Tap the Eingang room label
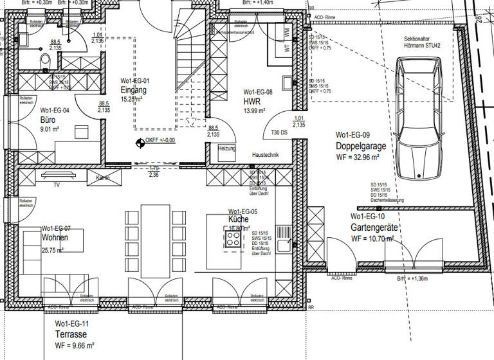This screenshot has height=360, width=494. click(134, 90)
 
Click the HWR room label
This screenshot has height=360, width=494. click(251, 102)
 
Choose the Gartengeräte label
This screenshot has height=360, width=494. click(376, 228)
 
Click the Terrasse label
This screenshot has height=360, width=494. click(71, 335)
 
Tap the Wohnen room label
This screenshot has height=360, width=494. click(55, 238)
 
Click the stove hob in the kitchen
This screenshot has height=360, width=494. click(233, 239)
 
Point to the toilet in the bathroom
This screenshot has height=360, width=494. click(45, 61)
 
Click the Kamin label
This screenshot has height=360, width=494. click(103, 177)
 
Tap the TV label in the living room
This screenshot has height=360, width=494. click(57, 184)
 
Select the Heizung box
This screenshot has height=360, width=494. click(227, 148)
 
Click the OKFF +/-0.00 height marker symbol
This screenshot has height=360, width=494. click(140, 143)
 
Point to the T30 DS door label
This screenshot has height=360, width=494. click(279, 133)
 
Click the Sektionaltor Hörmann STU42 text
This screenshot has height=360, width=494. click(422, 42)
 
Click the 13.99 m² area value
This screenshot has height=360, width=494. click(254, 111)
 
